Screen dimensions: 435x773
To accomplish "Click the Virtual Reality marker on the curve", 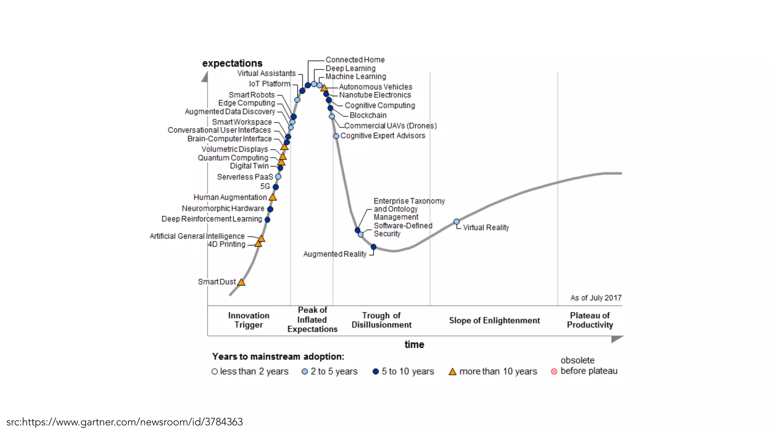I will (x=456, y=222).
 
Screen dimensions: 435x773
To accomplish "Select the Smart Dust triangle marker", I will (x=241, y=282).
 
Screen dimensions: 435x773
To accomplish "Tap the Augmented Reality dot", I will (x=373, y=247).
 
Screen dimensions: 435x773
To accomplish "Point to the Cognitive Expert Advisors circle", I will (x=336, y=136).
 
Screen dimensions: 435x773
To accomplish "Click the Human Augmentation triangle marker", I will (x=273, y=197).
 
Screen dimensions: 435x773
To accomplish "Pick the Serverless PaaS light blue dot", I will (x=278, y=177).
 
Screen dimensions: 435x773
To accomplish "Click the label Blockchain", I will (x=368, y=116).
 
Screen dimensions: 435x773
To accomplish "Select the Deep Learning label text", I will (x=350, y=68).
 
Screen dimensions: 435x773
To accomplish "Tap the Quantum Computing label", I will (x=233, y=158).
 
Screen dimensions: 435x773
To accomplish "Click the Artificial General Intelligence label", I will (x=197, y=236).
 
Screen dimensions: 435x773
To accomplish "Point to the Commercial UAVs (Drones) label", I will (x=390, y=126).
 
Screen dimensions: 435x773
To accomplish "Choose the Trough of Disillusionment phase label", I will (x=381, y=320).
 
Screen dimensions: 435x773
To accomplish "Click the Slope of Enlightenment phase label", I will (x=494, y=321).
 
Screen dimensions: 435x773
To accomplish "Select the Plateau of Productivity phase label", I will (x=590, y=320).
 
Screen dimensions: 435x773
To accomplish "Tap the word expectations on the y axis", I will (x=232, y=63).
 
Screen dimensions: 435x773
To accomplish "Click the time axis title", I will (x=414, y=344).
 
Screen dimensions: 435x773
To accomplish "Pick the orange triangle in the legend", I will (x=452, y=372).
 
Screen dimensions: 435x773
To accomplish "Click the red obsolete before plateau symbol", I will (x=554, y=372).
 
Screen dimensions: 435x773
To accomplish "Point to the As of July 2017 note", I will (x=596, y=298).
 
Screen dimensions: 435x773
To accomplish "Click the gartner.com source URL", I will (x=125, y=422).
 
